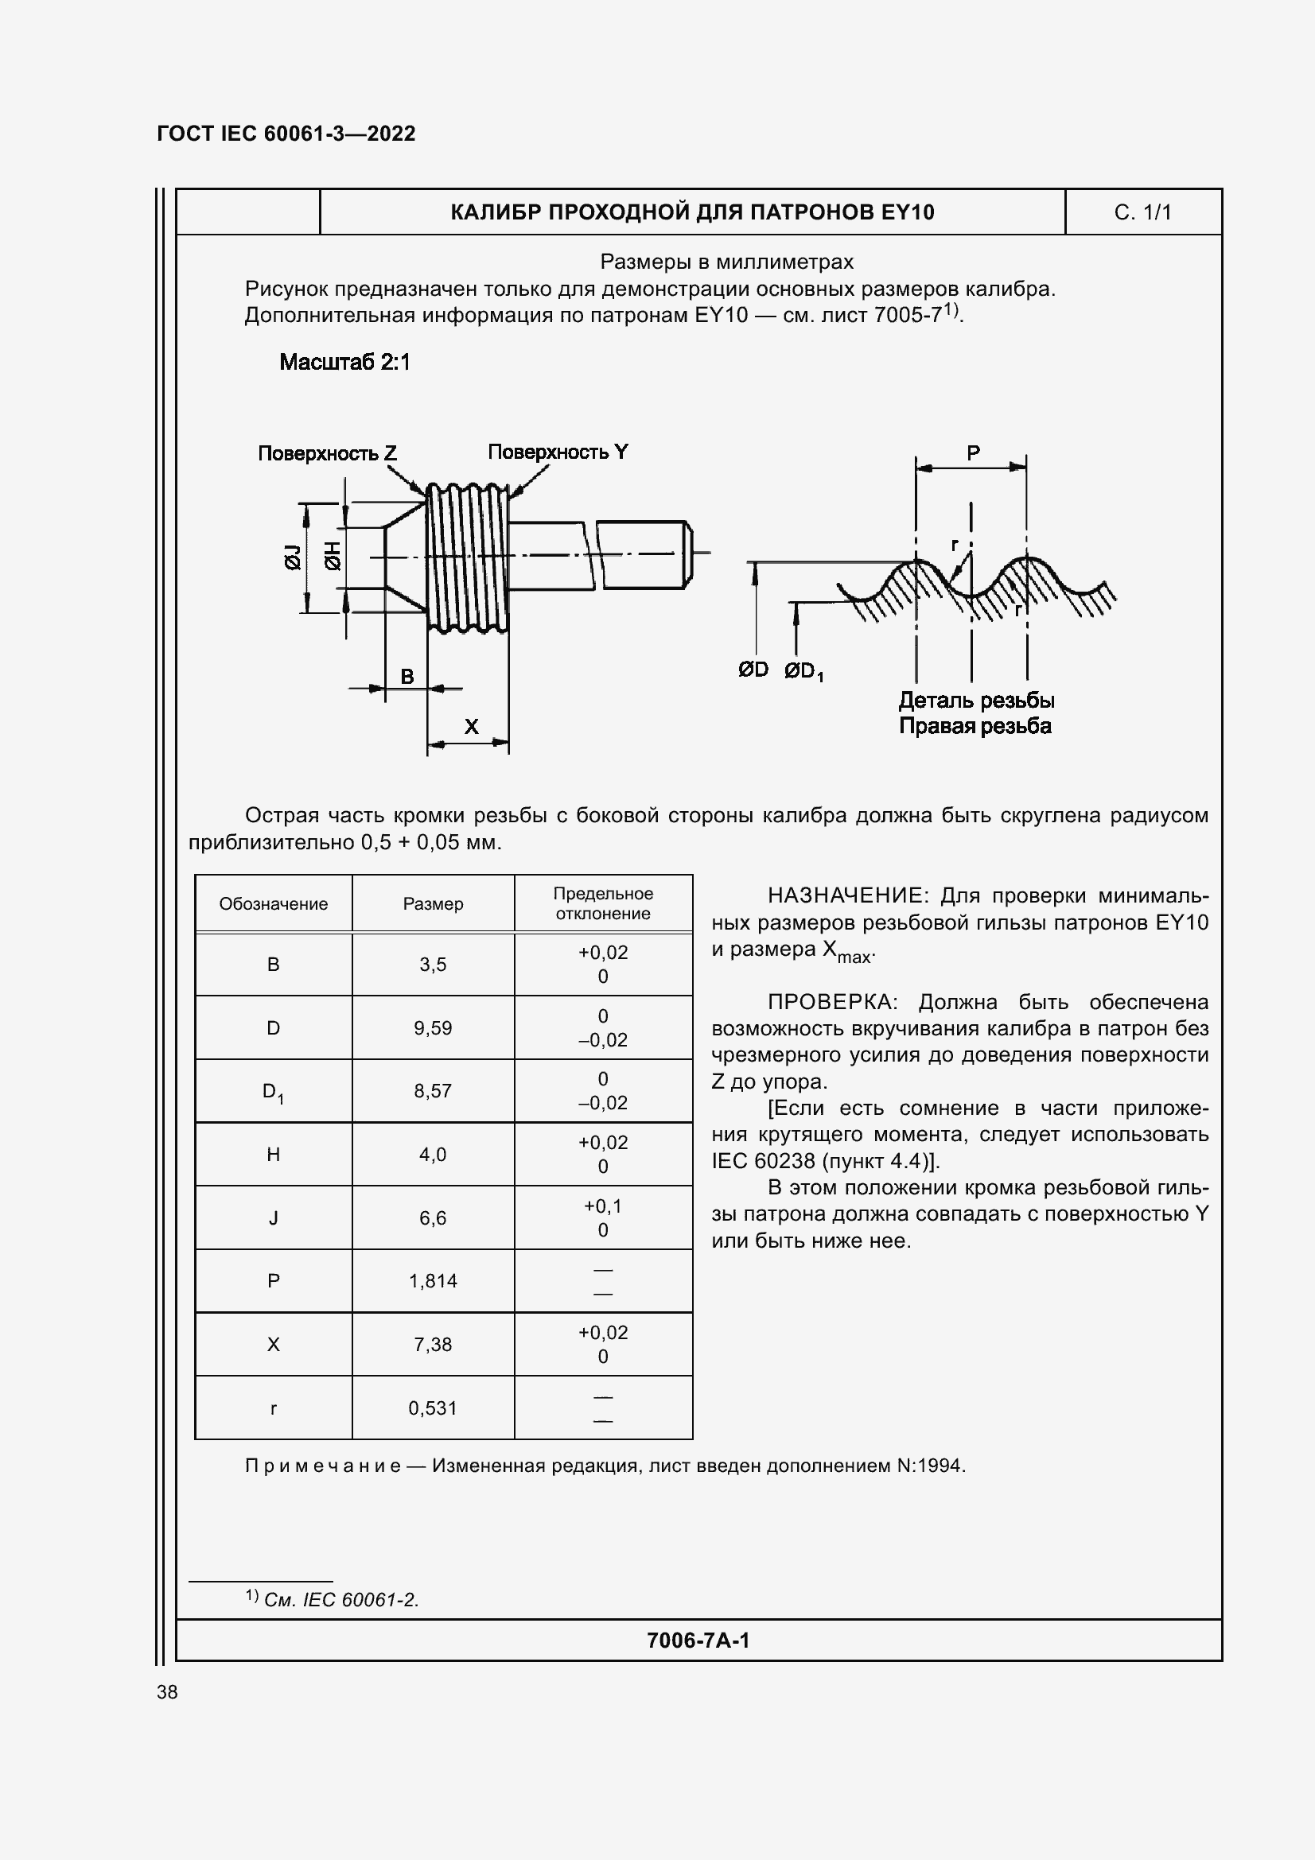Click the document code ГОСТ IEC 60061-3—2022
click(x=286, y=134)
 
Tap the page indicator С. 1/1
click(x=1142, y=212)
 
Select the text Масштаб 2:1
click(x=344, y=362)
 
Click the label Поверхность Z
click(x=327, y=452)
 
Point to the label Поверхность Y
click(x=558, y=452)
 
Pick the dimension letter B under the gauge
click(x=407, y=676)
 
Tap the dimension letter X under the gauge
click(x=471, y=727)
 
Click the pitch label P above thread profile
click(x=973, y=452)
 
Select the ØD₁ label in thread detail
click(x=803, y=671)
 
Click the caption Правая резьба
click(x=975, y=726)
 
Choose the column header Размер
click(x=433, y=904)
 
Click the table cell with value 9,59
click(x=433, y=1028)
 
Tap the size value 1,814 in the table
click(x=433, y=1281)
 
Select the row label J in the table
click(x=273, y=1217)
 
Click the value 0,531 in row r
click(x=433, y=1408)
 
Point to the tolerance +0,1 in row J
click(x=602, y=1206)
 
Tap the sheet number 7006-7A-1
click(x=698, y=1641)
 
